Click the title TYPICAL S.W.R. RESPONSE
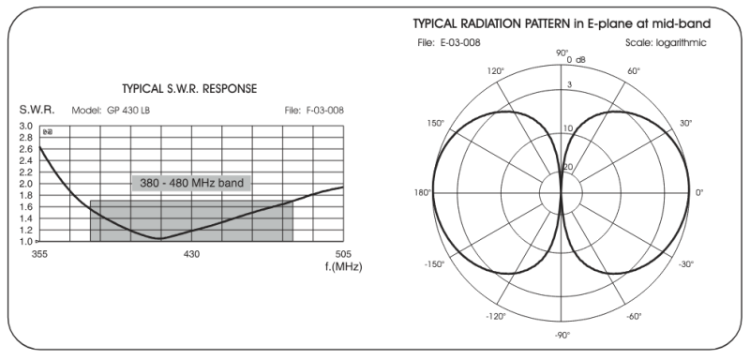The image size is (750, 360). click(x=189, y=89)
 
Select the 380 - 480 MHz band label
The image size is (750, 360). click(x=191, y=183)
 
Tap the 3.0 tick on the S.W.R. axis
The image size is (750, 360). click(x=26, y=127)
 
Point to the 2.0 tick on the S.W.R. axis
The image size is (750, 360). click(x=26, y=184)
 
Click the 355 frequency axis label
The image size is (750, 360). click(x=39, y=254)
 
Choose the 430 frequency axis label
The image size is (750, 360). click(x=191, y=254)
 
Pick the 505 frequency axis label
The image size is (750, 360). click(x=343, y=254)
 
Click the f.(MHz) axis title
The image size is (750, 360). click(x=343, y=267)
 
